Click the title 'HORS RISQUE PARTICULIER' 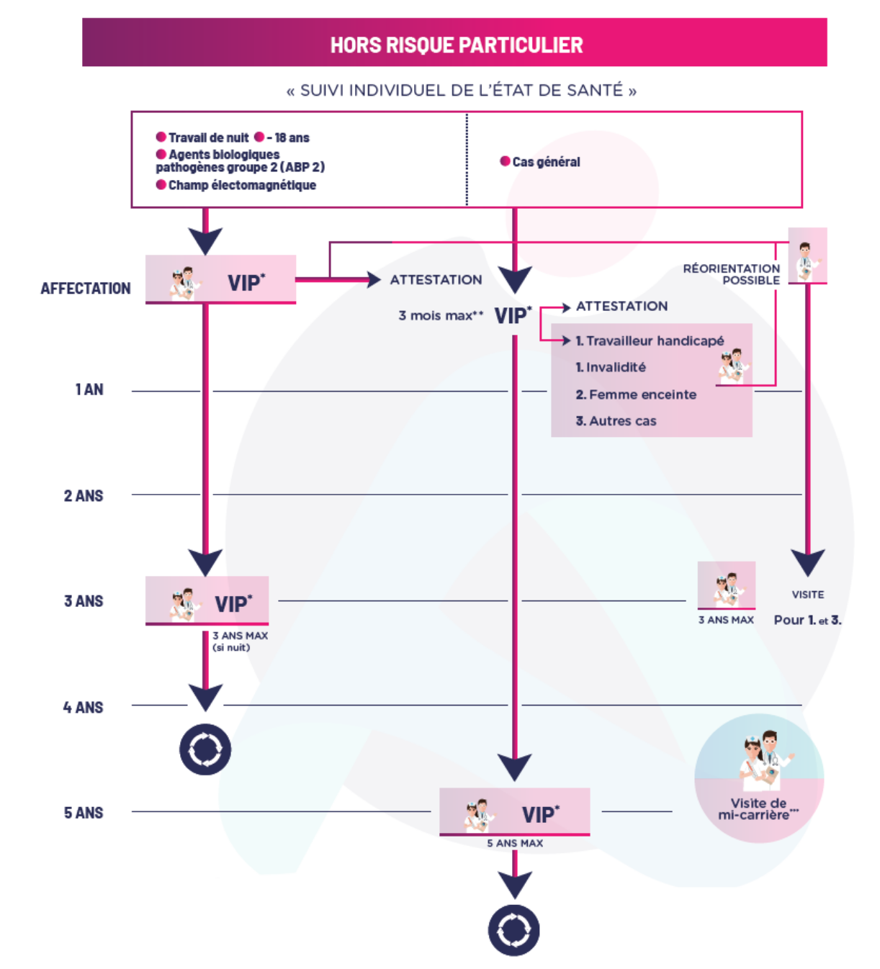456,45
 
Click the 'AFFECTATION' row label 86,289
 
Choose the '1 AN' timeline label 89,389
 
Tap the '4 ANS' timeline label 83,707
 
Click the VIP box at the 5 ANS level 514,812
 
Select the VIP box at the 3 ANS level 207,600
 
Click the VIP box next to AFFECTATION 220,279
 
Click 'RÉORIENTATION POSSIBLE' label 731,274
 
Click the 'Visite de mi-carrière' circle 759,778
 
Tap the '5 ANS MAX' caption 515,844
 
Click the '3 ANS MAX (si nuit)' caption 240,641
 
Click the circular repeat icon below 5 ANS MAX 513,930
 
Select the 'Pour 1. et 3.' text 807,620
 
